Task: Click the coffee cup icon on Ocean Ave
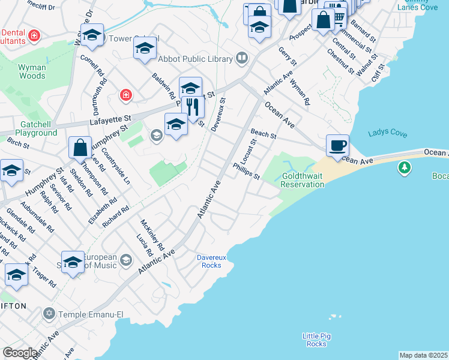click(x=337, y=145)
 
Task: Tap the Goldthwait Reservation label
click(x=302, y=180)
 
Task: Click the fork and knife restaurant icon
click(x=193, y=108)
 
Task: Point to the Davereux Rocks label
click(x=211, y=261)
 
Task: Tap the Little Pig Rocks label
click(x=316, y=340)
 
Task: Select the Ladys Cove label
click(x=387, y=133)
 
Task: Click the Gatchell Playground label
click(x=36, y=128)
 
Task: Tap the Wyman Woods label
click(x=32, y=71)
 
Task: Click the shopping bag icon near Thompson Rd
click(x=80, y=148)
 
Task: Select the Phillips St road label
click(x=246, y=172)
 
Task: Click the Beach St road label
click(x=263, y=134)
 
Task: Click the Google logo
click(x=20, y=352)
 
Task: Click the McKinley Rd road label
click(x=152, y=235)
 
